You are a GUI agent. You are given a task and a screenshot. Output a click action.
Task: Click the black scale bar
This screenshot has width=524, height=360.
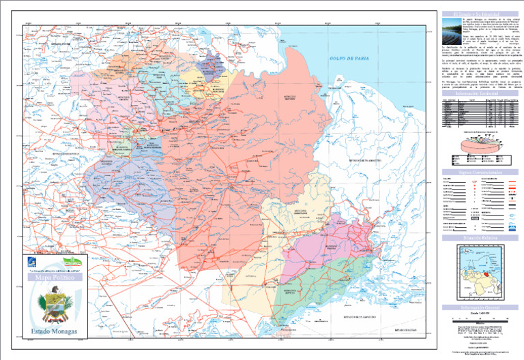click(x=476, y=318)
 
